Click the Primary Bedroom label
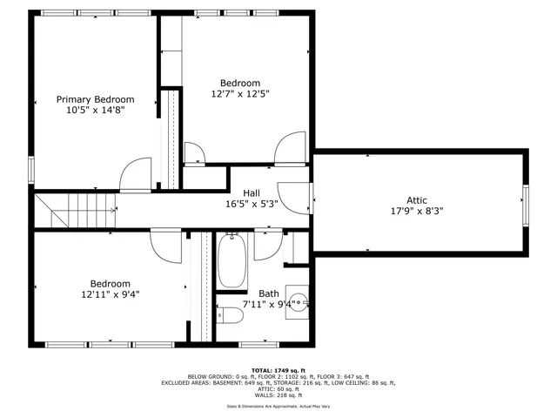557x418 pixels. [96, 99]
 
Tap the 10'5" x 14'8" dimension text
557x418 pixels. [96, 111]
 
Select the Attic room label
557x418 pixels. [417, 200]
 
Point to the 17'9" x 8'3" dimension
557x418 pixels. [417, 211]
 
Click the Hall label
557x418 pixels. [252, 193]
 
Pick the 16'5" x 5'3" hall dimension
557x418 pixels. [252, 205]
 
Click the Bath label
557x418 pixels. [269, 293]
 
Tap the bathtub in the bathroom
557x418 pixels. [231, 261]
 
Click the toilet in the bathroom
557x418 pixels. [229, 314]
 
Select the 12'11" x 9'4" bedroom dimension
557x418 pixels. [110, 294]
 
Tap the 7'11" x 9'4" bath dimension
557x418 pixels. [278, 305]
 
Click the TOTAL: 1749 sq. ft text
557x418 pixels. [278, 369]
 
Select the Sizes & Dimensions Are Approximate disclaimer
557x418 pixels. [278, 407]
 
